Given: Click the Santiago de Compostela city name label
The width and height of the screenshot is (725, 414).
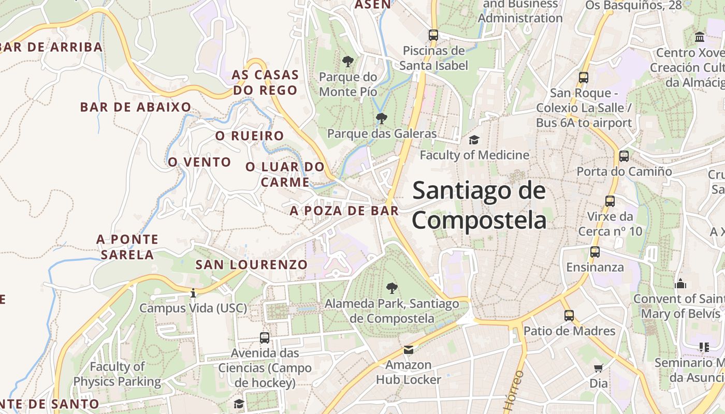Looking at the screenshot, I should pos(479,205).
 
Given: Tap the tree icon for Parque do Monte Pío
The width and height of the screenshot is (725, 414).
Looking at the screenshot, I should pos(348,62).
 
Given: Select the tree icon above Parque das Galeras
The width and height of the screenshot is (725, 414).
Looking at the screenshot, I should pos(382,119).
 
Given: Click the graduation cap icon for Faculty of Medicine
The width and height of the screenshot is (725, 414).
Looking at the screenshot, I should pos(474,140).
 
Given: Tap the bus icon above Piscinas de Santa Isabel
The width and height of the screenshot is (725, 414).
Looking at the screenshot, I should pos(433,35).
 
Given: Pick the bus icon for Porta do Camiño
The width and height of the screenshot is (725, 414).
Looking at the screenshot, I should pos(624,156).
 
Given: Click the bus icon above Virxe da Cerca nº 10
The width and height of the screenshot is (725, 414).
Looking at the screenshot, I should pos(610,201).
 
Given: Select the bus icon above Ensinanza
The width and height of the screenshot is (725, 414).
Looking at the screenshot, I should pos(595,252).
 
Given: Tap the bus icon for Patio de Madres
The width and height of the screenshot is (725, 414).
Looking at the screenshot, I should pos(569,315).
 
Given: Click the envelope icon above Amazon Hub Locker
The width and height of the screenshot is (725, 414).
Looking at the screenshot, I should pos(409,350).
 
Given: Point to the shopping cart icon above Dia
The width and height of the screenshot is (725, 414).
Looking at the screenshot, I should pos(599,368).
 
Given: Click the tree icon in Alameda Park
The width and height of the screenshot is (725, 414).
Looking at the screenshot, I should pos(392,288).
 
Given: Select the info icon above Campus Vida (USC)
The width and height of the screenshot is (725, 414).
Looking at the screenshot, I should pos(193,293).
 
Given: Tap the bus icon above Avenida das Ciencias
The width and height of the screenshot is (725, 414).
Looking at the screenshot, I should pos(265,338).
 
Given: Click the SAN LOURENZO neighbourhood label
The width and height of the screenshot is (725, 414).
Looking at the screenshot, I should pos(251,264).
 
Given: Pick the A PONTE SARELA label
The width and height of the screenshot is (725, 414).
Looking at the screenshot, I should pos(127,247).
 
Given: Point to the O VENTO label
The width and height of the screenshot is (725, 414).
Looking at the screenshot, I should pos(199,162).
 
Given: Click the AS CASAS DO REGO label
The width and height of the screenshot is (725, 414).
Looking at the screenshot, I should pos(265,82).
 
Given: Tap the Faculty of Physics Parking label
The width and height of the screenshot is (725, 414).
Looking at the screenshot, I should pos(117,374).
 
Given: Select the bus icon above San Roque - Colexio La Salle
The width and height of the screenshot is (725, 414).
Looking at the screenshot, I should pos(584,78).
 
